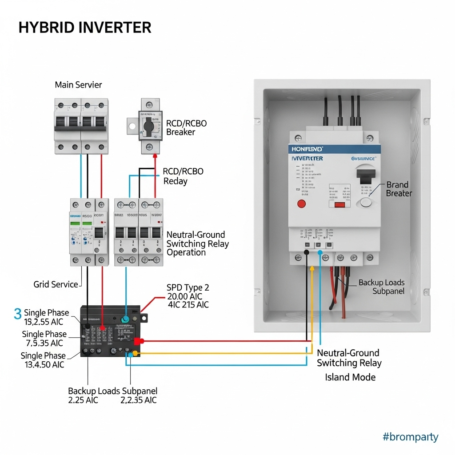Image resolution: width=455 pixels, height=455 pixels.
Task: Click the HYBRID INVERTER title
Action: pos(85,28)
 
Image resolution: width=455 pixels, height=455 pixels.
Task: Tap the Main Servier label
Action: pos(78,84)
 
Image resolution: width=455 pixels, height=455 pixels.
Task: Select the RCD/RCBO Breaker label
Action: pos(186,128)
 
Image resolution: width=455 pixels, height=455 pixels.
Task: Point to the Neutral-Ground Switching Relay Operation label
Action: pos(197,243)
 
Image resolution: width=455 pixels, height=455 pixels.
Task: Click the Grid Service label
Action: pos(56,284)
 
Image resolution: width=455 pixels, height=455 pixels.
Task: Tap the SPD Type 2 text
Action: pos(188,287)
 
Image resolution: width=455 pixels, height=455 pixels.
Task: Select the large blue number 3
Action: pos(18,313)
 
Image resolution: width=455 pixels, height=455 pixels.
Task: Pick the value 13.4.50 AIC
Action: pos(44,365)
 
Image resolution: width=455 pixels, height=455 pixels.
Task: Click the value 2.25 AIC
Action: pos(83,400)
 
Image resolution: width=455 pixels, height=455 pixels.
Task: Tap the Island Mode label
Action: pos(350,377)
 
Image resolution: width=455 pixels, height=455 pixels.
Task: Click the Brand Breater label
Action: pos(399,189)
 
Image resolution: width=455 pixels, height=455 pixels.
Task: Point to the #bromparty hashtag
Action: pos(410,437)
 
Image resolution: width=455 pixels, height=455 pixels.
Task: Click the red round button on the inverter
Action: pos(301,204)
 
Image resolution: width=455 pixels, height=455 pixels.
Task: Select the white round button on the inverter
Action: pos(366,203)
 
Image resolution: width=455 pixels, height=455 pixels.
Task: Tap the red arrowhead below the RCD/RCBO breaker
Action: pos(155,155)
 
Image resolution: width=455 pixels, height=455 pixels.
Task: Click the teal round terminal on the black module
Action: pos(126,319)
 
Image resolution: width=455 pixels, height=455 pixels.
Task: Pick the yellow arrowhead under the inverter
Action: pos(312,268)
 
